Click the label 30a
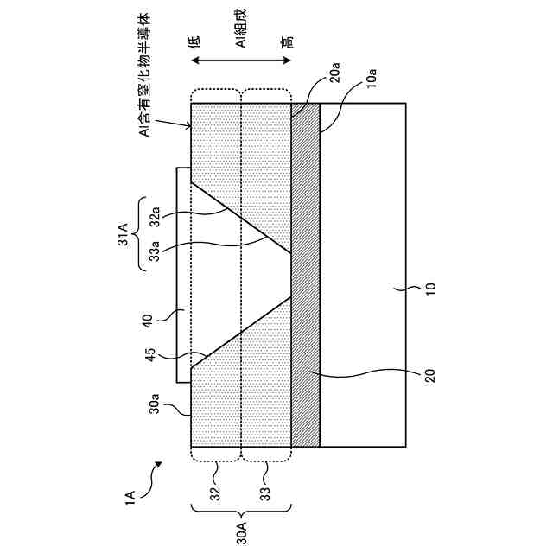pyautogui.click(x=156, y=403)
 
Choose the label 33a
pyautogui.click(x=157, y=250)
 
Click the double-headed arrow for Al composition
pyautogui.click(x=239, y=60)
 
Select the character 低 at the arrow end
pyautogui.click(x=195, y=41)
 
